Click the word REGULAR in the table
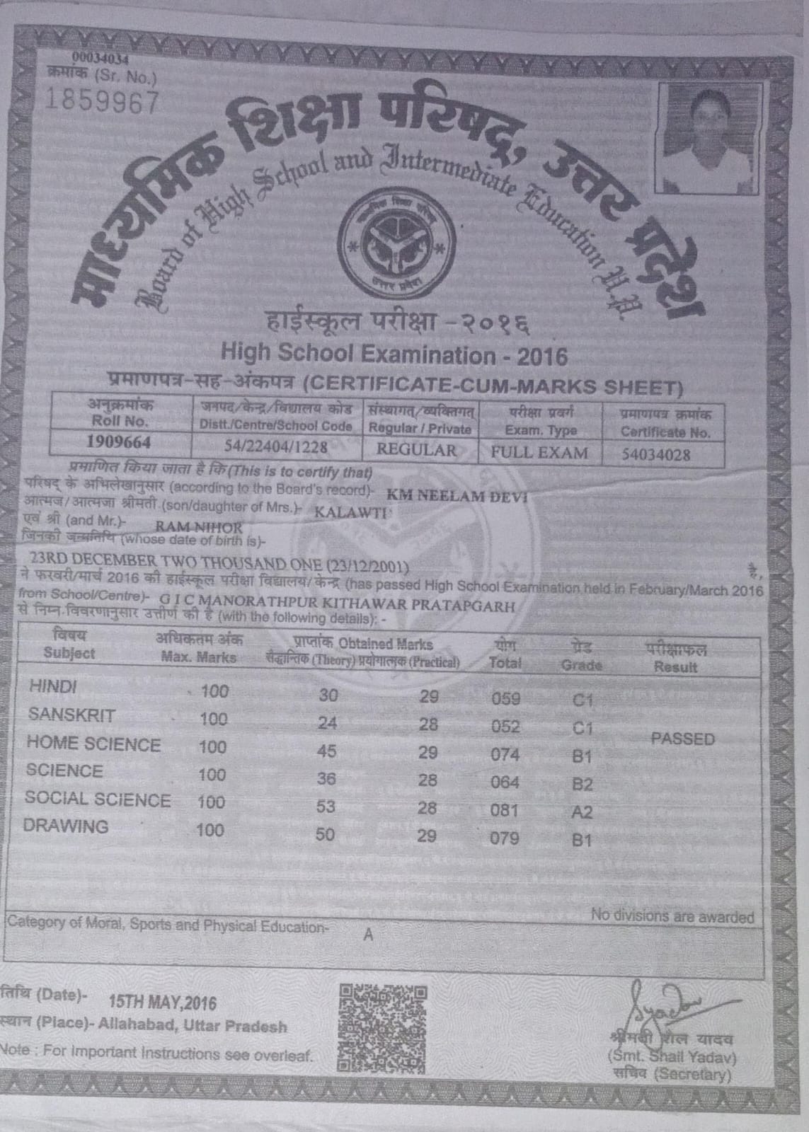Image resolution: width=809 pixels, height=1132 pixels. (x=418, y=449)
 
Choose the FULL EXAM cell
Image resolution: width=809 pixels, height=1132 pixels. (x=540, y=452)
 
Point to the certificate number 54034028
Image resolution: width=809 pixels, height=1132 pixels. (x=655, y=454)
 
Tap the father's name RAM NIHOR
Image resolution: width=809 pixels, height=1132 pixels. (x=199, y=527)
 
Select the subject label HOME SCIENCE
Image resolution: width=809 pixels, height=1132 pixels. (x=93, y=744)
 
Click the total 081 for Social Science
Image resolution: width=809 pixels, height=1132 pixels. (x=505, y=809)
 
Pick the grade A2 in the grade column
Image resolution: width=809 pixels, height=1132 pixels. (x=582, y=812)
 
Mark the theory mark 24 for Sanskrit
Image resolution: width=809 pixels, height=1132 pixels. (x=328, y=723)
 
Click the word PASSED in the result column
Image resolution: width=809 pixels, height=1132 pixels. (x=683, y=739)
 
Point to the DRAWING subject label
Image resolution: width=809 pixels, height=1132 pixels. (x=66, y=826)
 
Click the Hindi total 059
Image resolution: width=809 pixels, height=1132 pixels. (x=505, y=699)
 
